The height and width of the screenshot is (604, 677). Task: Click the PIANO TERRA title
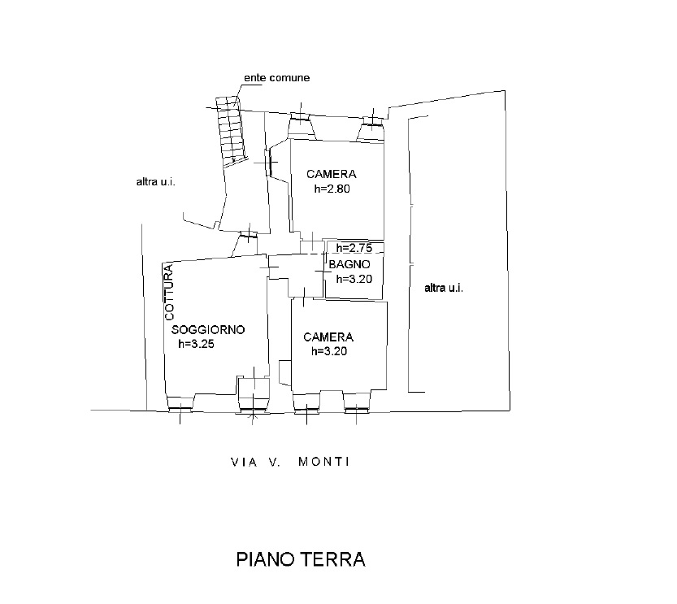301,559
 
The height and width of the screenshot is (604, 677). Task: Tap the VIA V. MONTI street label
290,462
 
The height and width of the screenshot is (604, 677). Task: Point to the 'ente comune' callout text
277,78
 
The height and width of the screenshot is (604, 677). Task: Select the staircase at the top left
232,132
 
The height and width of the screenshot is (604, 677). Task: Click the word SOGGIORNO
208,330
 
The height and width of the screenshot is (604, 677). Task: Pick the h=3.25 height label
197,344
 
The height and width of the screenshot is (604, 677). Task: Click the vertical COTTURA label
169,292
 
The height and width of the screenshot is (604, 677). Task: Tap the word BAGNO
349,265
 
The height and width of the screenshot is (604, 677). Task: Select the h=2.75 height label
354,248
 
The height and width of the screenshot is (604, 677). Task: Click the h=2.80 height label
332,189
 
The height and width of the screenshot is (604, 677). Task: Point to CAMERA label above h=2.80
331,174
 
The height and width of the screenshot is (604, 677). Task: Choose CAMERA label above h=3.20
328,337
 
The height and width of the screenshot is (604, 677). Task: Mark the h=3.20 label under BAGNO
354,279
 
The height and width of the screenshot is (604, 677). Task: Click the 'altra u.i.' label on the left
156,182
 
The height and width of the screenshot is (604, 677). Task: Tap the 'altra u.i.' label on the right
444,288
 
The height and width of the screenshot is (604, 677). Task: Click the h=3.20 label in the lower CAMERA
329,351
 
